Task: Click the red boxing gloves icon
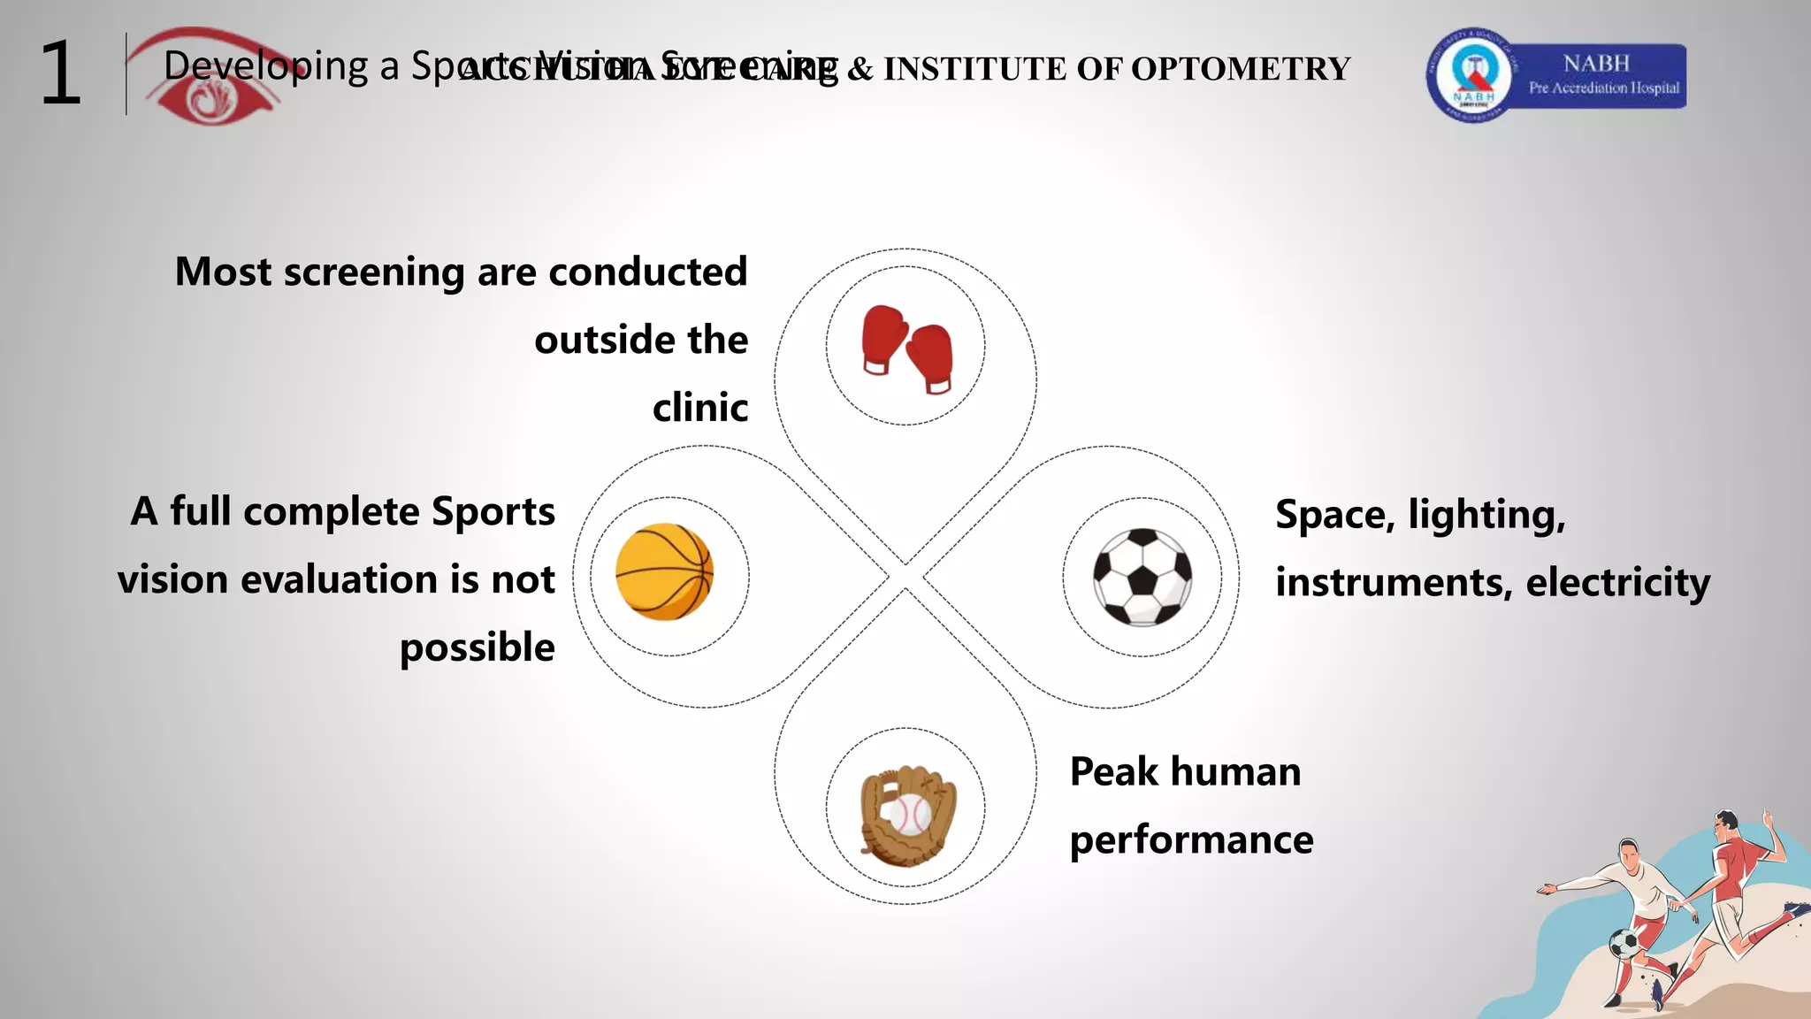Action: (907, 349)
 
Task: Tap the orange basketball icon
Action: (664, 572)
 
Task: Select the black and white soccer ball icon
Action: (1142, 577)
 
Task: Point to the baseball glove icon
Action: (907, 815)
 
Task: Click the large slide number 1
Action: (60, 74)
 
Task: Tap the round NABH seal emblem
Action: (1472, 76)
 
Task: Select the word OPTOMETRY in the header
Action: (1240, 69)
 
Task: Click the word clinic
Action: (700, 408)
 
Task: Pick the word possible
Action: (478, 648)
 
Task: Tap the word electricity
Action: (1617, 583)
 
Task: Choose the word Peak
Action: (1113, 771)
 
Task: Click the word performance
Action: (1191, 840)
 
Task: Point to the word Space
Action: (1333, 515)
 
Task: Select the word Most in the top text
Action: (223, 272)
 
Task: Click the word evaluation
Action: (340, 580)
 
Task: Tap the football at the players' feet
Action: (1624, 943)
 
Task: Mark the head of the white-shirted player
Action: (1629, 854)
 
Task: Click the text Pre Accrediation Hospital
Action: (1603, 88)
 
